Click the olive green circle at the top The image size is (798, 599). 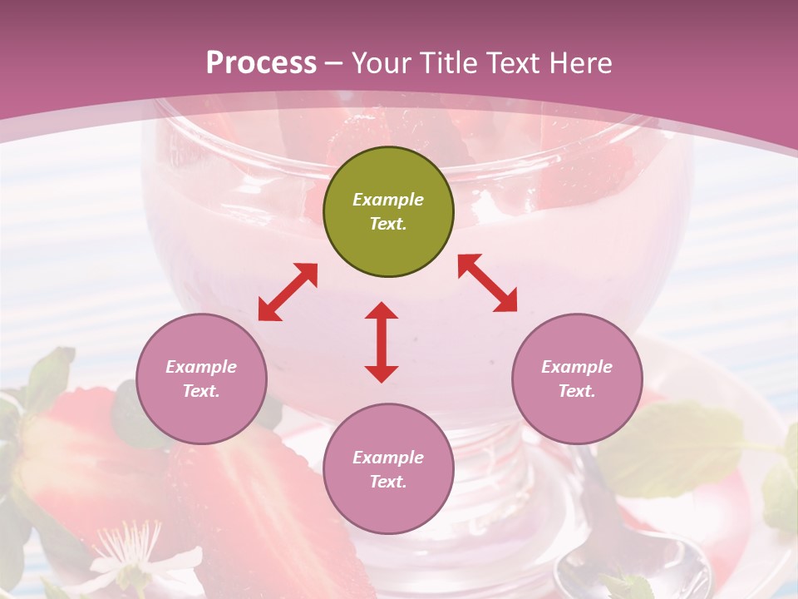[x=388, y=212]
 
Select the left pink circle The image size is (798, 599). [x=201, y=379]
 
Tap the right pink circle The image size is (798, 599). [x=577, y=379]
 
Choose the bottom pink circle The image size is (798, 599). [x=388, y=469]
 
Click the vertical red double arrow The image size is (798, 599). [x=382, y=342]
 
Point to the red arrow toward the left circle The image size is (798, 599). [x=288, y=292]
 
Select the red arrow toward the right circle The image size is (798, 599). [x=487, y=283]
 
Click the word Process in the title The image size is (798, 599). [x=261, y=63]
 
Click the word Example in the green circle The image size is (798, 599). [x=388, y=200]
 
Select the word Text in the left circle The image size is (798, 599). [x=201, y=391]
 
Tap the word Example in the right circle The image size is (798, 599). [x=577, y=367]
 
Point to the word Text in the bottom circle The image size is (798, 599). [x=388, y=482]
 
